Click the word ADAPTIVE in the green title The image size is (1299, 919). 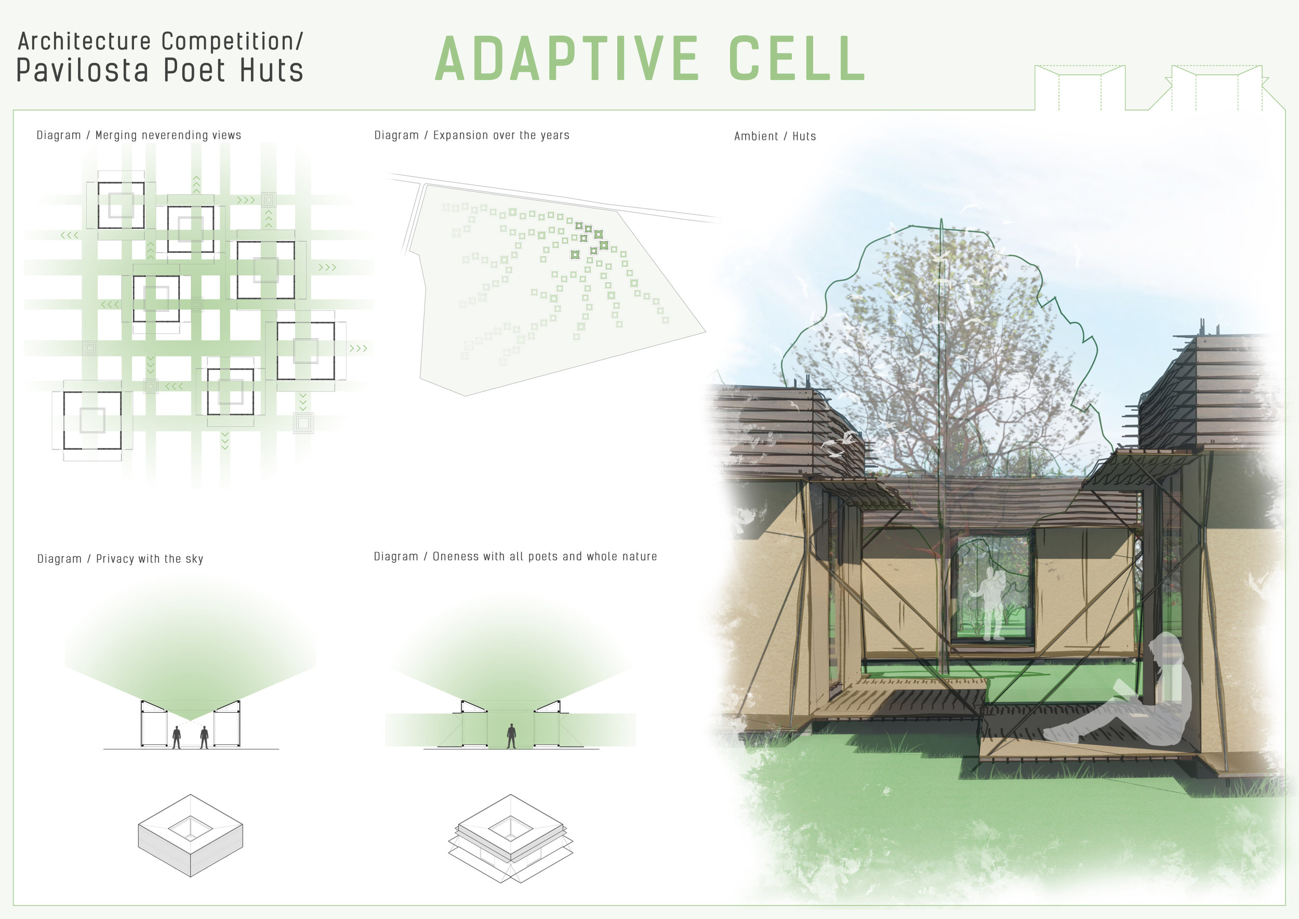coord(567,58)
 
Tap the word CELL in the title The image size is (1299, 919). coord(797,58)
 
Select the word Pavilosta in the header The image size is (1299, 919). coord(83,70)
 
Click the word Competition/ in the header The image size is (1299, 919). coord(232,41)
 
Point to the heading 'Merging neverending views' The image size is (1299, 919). coord(168,135)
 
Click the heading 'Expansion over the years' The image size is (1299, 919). coord(501,135)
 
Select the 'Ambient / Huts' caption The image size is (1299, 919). coord(775,136)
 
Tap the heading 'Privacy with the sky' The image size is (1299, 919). coord(149,559)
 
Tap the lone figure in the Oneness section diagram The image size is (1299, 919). coord(511,736)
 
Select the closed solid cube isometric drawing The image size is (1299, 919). coord(191,835)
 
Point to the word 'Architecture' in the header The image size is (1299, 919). coord(85,41)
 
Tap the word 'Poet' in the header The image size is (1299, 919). coord(195,70)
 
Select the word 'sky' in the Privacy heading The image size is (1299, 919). coord(194,559)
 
